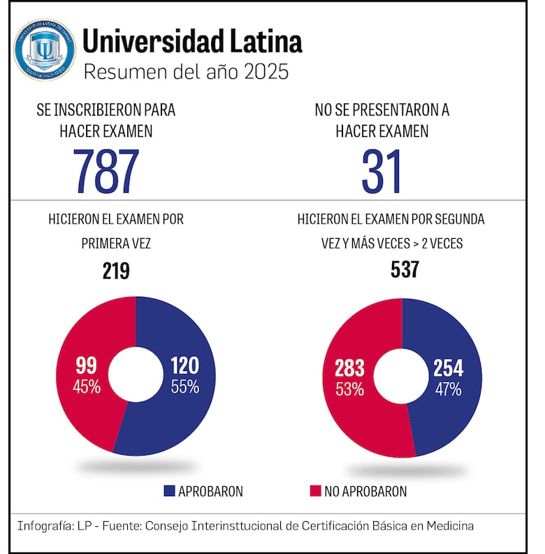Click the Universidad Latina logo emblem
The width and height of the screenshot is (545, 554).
45,49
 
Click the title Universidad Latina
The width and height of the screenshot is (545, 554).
192,42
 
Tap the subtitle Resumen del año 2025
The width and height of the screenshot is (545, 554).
185,72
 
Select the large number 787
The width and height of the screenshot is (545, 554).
106,171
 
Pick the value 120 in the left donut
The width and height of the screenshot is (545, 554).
184,365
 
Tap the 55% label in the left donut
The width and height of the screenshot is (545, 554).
184,386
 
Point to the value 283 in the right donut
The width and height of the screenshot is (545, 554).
349,369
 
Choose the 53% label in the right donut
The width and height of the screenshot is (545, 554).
349,389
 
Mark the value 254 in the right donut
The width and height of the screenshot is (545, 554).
448,369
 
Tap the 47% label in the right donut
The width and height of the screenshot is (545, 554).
448,389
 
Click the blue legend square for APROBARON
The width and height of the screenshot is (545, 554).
168,491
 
